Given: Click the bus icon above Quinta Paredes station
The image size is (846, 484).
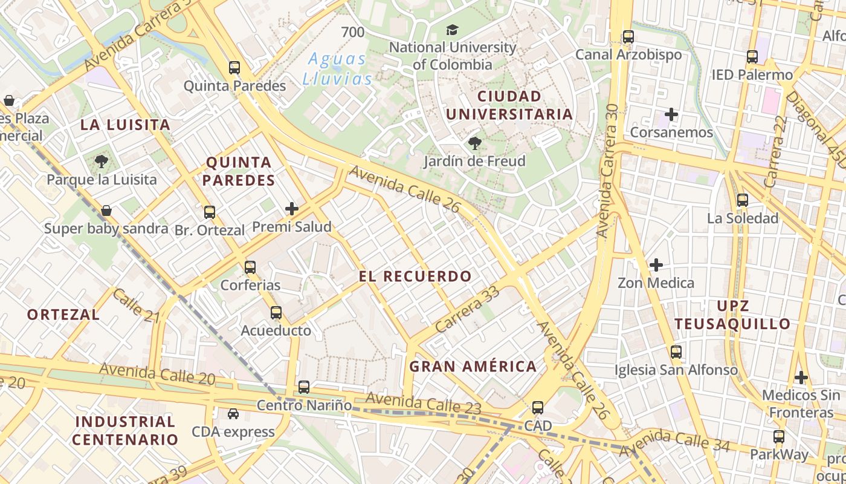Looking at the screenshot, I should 234,68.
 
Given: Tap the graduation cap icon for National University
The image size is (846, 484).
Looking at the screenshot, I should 452,30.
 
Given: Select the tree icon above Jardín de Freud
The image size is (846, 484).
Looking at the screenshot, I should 475,143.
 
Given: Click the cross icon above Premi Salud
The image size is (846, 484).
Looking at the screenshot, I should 292,209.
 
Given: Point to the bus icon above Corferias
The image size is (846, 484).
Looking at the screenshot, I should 250,267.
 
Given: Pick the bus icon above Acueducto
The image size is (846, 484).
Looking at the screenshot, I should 276,313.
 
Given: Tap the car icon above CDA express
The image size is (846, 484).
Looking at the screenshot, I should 233,414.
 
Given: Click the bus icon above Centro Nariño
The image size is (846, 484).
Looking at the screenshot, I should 304,387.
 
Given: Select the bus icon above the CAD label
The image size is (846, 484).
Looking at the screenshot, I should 538,408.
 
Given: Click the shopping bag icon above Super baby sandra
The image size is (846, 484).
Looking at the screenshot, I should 106,211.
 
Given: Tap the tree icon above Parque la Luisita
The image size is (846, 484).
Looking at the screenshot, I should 102,162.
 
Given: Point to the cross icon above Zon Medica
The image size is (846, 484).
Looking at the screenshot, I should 656,264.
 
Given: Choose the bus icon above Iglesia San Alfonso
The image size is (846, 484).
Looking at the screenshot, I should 676,352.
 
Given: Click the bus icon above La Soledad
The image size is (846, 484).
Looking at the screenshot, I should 743,200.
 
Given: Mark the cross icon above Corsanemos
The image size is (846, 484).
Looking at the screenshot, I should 671,114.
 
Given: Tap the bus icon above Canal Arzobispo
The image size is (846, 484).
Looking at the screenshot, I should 628,37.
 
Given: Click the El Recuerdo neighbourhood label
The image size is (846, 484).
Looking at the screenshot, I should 415,276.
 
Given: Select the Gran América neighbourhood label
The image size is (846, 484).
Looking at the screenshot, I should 473,366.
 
